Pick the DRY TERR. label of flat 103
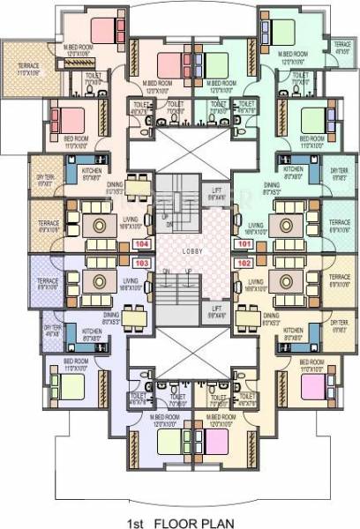point(51,328)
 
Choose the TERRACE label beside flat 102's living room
point(340,282)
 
